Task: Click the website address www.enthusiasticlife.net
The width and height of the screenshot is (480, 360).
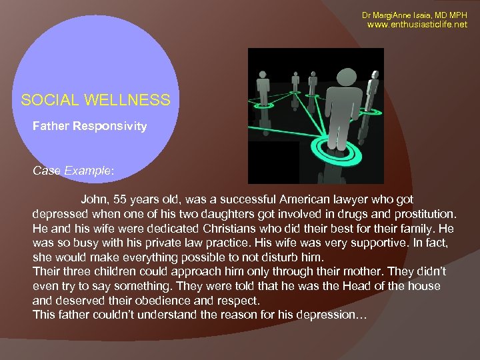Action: click(x=418, y=25)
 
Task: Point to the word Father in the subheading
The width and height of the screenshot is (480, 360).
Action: click(x=50, y=125)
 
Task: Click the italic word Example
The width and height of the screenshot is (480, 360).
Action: click(x=89, y=171)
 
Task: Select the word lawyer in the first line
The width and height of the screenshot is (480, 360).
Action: click(x=367, y=199)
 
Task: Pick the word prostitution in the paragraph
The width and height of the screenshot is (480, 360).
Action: click(x=421, y=213)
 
